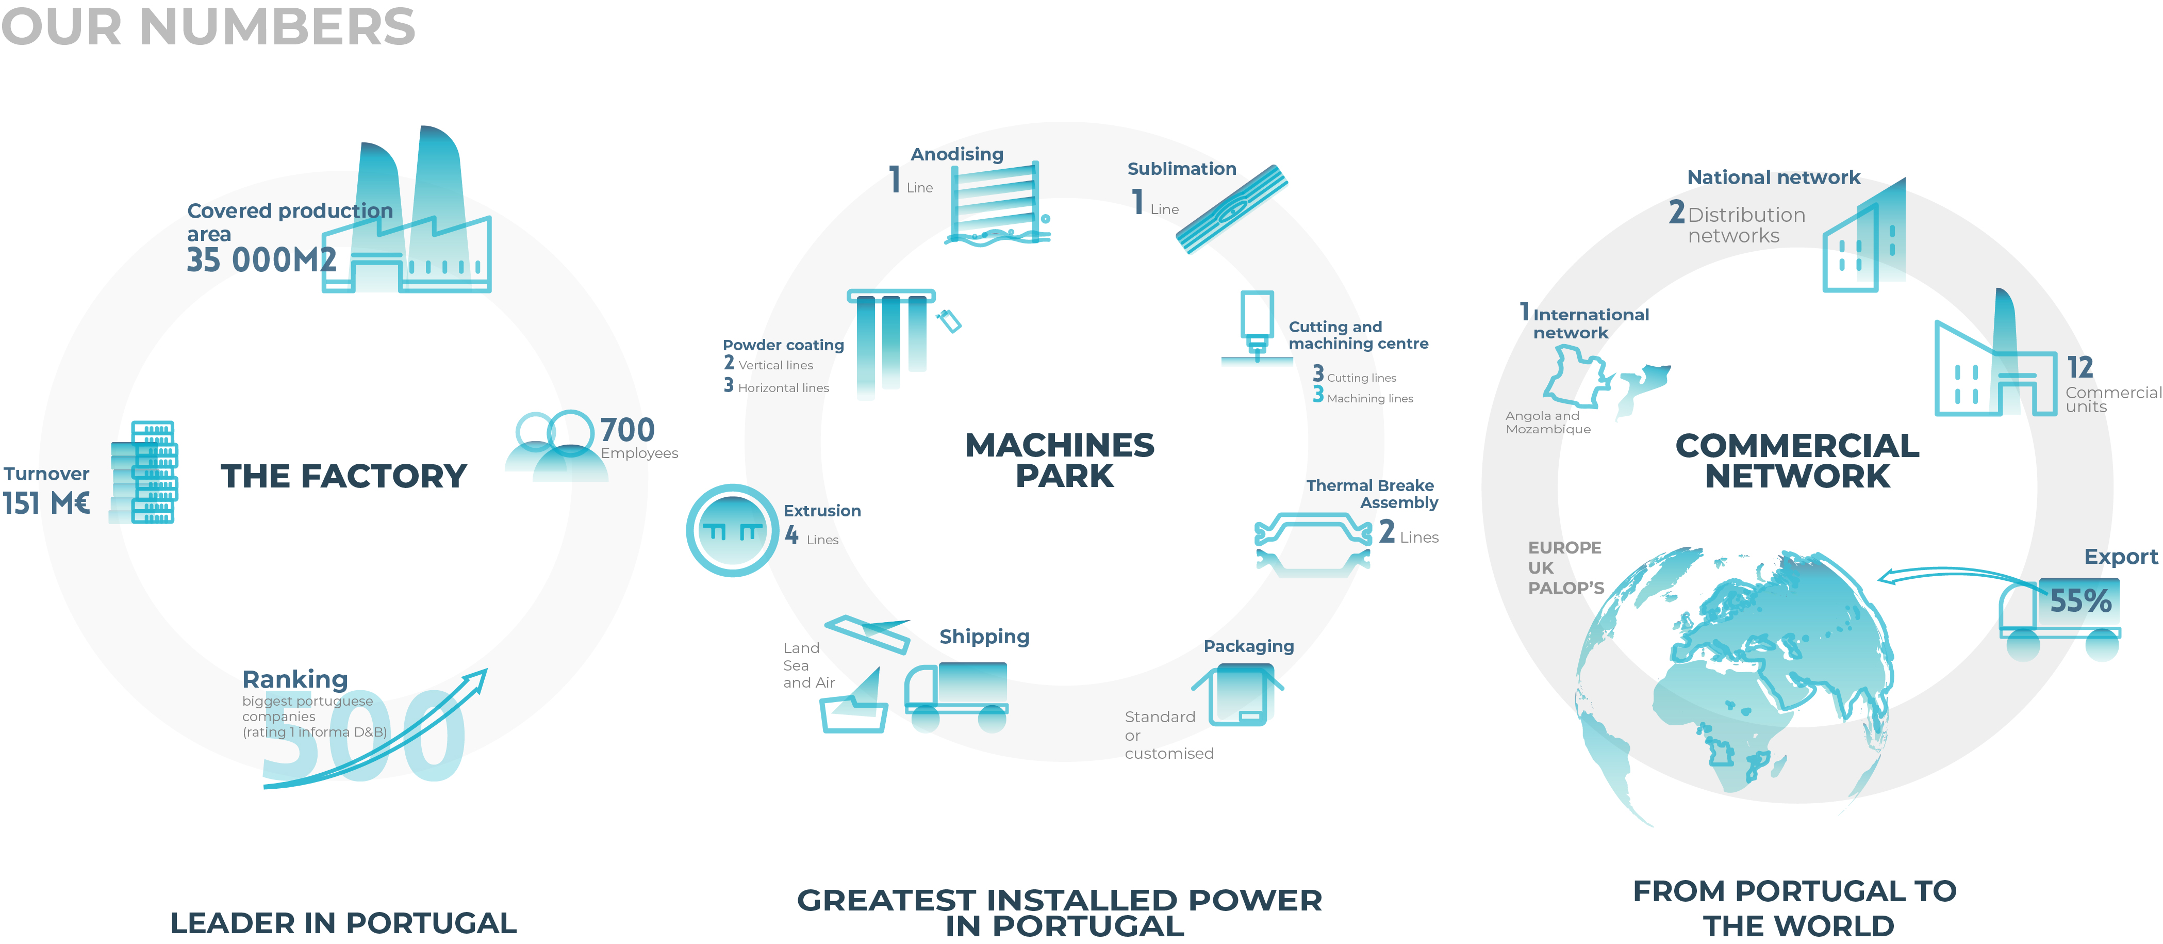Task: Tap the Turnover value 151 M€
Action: pyautogui.click(x=46, y=503)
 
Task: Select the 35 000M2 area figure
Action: pyautogui.click(x=261, y=259)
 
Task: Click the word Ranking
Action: pyautogui.click(x=295, y=679)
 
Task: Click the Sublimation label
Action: pyautogui.click(x=1181, y=169)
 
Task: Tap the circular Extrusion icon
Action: pyautogui.click(x=732, y=530)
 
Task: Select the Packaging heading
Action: pyautogui.click(x=1249, y=646)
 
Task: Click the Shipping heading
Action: pyautogui.click(x=984, y=637)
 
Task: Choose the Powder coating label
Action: pyautogui.click(x=783, y=345)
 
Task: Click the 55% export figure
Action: pyautogui.click(x=2080, y=600)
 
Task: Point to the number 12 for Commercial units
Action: pyautogui.click(x=2080, y=367)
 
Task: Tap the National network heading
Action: pyautogui.click(x=1773, y=177)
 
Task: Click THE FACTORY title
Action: pyautogui.click(x=343, y=476)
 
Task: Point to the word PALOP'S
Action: pyautogui.click(x=1565, y=588)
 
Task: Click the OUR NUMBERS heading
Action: pyautogui.click(x=208, y=27)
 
